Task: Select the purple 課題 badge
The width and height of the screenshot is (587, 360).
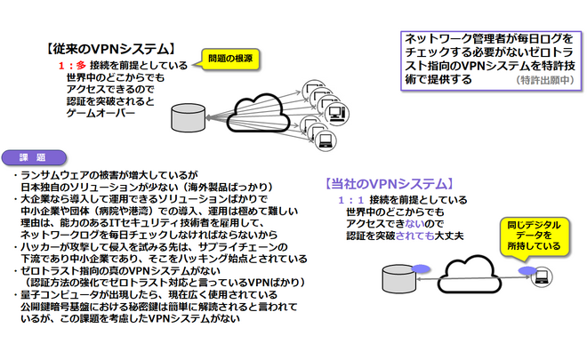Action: pyautogui.click(x=38, y=156)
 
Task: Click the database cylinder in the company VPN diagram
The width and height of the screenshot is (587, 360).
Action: pyautogui.click(x=395, y=273)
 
